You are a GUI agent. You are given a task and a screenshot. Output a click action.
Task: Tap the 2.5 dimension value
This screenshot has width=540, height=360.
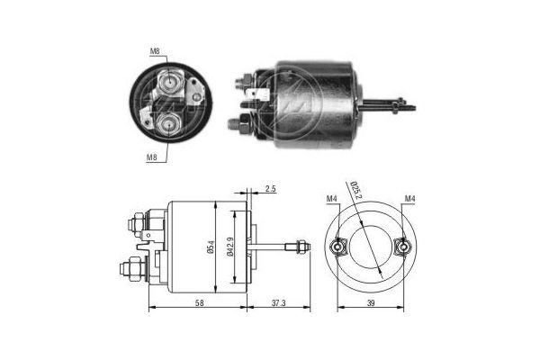(271, 190)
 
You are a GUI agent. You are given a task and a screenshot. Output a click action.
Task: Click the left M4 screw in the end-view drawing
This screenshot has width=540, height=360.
(338, 245)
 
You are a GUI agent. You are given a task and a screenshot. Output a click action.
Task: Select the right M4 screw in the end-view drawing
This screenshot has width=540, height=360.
(403, 245)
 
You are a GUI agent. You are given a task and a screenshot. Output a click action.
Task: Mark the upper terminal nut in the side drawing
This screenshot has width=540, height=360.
(135, 220)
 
